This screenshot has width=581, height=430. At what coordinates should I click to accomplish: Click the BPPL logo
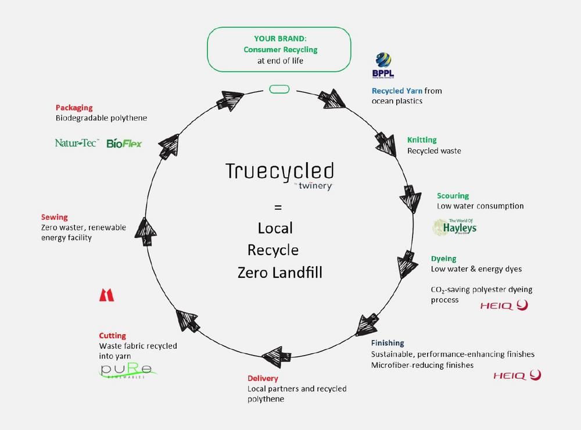point(383,65)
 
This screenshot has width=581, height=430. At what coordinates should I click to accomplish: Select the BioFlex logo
point(124,143)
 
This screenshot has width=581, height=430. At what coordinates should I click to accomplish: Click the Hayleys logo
point(455,227)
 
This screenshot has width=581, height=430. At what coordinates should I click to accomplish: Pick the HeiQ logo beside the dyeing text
point(504,306)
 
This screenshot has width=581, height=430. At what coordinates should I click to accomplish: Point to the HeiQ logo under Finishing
point(517,375)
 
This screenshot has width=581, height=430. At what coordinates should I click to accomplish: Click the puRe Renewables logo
point(127,370)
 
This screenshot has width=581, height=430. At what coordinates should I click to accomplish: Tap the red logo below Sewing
point(107,295)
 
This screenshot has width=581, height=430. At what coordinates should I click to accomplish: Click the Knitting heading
point(422,139)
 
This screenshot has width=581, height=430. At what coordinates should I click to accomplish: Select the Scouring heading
point(453,196)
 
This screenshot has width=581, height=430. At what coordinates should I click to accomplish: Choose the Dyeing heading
point(443,259)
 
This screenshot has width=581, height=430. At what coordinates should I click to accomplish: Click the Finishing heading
point(388,343)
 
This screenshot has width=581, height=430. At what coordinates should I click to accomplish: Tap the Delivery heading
point(263,378)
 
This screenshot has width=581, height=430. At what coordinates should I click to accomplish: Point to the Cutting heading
point(112,335)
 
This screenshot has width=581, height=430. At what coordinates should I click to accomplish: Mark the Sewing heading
point(55,217)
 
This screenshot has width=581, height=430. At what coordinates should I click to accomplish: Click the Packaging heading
point(74,107)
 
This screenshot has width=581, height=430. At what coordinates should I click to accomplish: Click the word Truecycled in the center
point(280,171)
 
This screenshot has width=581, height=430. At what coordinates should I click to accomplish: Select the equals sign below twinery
point(278,207)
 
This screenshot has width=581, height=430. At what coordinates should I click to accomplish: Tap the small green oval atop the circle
point(279,89)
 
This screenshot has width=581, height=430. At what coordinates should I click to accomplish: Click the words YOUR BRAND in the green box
point(280,38)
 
